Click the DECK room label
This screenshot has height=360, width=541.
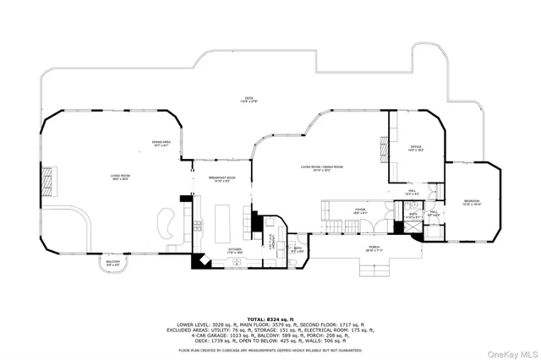249,100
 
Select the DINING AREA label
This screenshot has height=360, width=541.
161,143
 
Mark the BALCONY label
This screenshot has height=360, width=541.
112,263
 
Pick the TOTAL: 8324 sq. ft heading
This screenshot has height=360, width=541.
270,319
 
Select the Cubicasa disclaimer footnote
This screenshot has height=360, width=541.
270,349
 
